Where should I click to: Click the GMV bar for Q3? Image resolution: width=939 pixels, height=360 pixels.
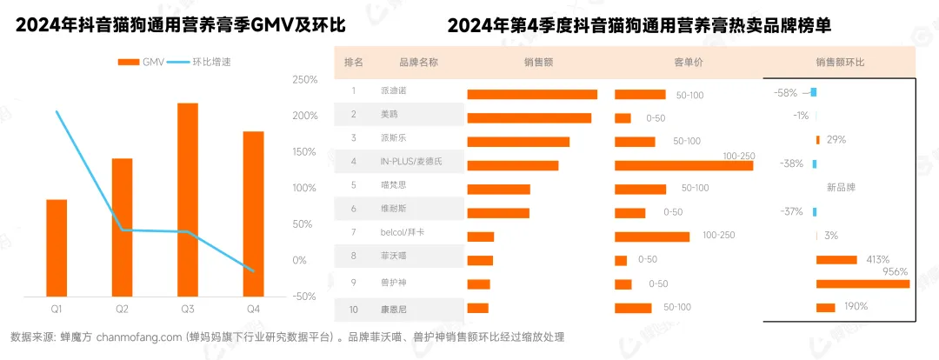pyautogui.click(x=187, y=199)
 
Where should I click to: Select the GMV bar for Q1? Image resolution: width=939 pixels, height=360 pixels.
pyautogui.click(x=57, y=248)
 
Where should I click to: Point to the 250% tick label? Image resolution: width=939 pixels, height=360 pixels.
pyautogui.click(x=305, y=80)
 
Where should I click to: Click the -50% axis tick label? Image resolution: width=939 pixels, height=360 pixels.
pyautogui.click(x=303, y=297)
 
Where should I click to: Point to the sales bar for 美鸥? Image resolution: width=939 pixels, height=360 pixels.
pyautogui.click(x=529, y=118)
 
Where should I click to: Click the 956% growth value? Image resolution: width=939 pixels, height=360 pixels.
pyautogui.click(x=895, y=271)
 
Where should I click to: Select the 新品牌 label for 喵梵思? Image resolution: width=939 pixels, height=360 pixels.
pyautogui.click(x=841, y=186)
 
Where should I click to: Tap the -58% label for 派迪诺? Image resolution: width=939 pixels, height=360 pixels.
pyautogui.click(x=785, y=92)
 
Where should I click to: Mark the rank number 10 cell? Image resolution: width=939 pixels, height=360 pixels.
pyautogui.click(x=354, y=307)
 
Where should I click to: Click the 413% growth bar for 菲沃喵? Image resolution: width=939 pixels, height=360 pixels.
pyautogui.click(x=836, y=259)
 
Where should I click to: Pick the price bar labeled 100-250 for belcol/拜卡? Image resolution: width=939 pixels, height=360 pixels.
pyautogui.click(x=651, y=237)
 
